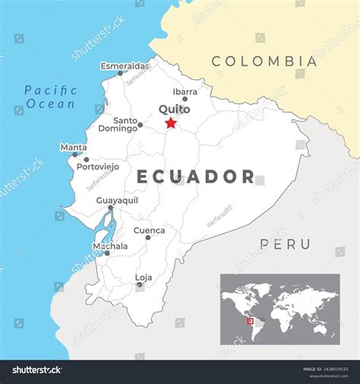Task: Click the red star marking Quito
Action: pos(171,123)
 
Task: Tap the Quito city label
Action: pos(174,109)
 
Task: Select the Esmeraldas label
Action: pos(125,66)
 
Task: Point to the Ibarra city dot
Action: pos(185,99)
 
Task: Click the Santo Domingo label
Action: pos(125,124)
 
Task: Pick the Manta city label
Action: pos(74,147)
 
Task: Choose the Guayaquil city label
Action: pos(117,200)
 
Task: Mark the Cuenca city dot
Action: pos(148,237)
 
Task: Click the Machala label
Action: pos(109,246)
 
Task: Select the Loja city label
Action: pos(143,277)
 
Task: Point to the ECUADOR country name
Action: pos(196,177)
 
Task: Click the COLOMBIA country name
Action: pos(264,61)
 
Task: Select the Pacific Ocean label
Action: pos(50,97)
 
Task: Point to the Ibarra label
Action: pos(185,91)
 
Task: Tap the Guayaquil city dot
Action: pos(111,208)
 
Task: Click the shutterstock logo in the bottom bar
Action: pos(36,370)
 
